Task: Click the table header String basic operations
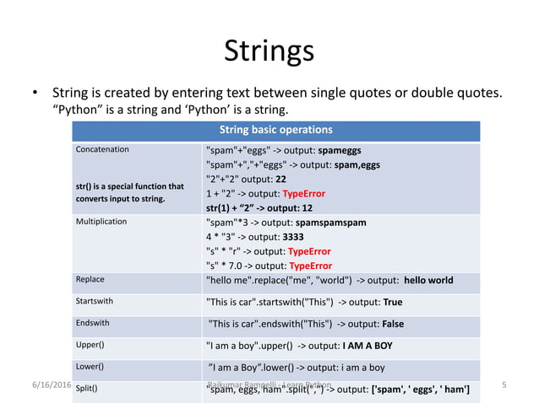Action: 275,130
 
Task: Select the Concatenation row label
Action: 102,149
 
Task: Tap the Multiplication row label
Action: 101,222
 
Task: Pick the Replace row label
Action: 90,279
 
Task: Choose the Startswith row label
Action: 95,301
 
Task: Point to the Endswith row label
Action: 94,323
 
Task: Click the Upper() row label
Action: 90,345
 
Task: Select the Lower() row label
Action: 90,367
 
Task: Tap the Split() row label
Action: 87,389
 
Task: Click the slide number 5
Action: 504,385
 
